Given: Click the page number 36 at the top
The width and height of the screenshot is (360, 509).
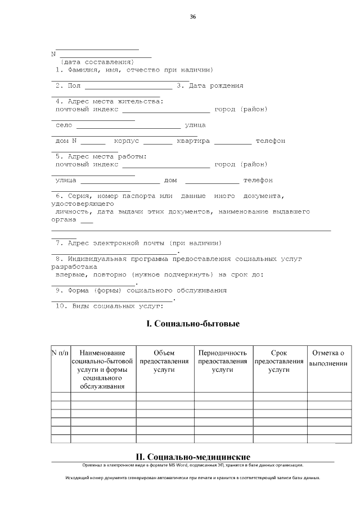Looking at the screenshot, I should [193, 17].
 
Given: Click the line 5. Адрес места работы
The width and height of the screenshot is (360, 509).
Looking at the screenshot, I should [101, 156].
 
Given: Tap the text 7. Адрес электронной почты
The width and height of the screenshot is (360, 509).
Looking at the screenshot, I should [138, 243].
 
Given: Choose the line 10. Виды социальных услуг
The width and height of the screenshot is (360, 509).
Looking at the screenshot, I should [109, 307].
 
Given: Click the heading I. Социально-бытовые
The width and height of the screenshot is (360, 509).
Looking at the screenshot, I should [193, 325].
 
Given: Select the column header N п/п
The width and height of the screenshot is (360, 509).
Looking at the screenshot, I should [60, 353].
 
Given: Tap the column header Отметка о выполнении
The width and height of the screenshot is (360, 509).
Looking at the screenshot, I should [328, 358].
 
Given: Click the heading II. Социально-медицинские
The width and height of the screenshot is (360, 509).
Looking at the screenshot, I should [193, 457].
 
